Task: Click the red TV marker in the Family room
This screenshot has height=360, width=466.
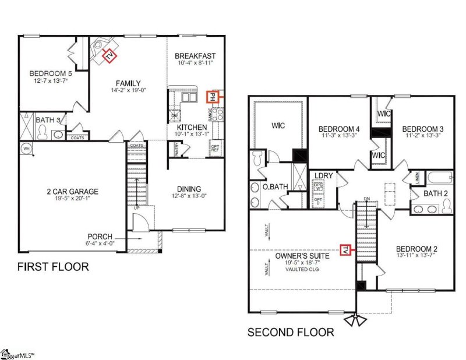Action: [x=110, y=55]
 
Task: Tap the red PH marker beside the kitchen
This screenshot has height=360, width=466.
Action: [x=213, y=96]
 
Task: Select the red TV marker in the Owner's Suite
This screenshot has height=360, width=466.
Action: [x=344, y=249]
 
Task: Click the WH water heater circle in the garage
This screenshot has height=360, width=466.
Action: [x=26, y=149]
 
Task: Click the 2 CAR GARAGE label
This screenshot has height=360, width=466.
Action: [x=73, y=191]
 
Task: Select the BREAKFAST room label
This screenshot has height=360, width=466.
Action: [x=195, y=57]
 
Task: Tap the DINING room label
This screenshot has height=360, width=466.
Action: [x=189, y=189]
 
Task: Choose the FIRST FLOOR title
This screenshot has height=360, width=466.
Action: [x=53, y=267]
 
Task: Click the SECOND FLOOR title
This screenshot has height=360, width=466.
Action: [x=291, y=333]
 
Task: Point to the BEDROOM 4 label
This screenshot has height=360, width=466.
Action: [x=338, y=129]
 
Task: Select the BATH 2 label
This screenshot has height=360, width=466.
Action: [x=435, y=193]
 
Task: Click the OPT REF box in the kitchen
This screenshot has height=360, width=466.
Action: [x=215, y=148]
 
